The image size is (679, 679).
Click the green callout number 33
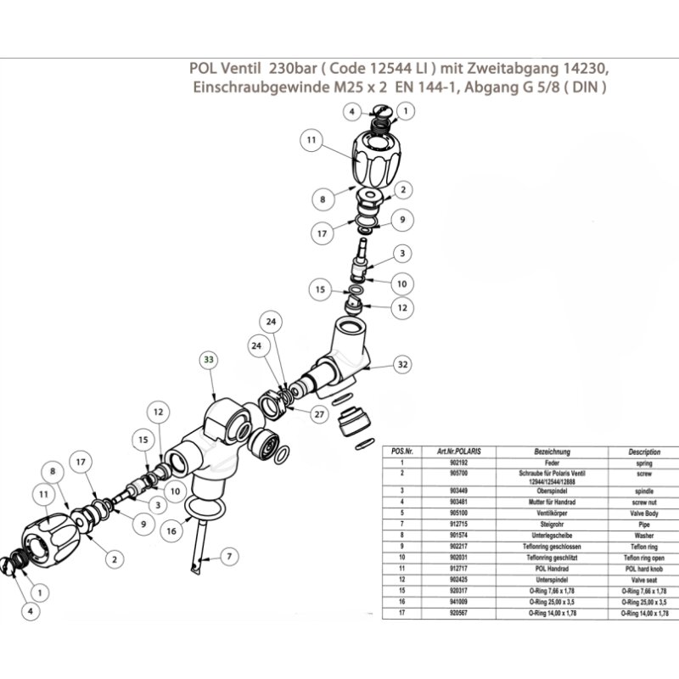209,359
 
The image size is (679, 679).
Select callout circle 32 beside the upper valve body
403,364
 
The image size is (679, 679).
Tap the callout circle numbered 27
319,415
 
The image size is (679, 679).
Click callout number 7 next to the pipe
227,556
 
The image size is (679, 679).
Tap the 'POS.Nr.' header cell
398,453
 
